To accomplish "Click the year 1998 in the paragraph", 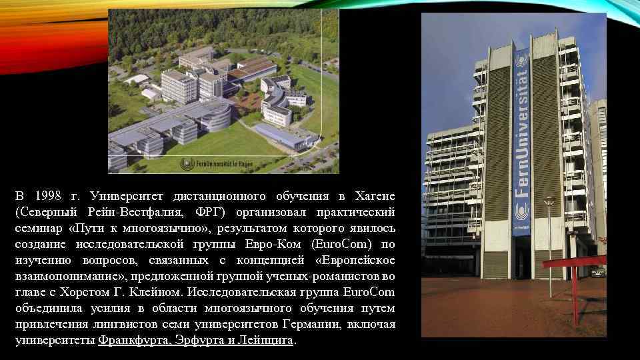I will point(49,196).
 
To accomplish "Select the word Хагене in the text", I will point(375,196).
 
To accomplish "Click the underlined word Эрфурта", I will point(197,340).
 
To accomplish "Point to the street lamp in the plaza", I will point(550,247).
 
